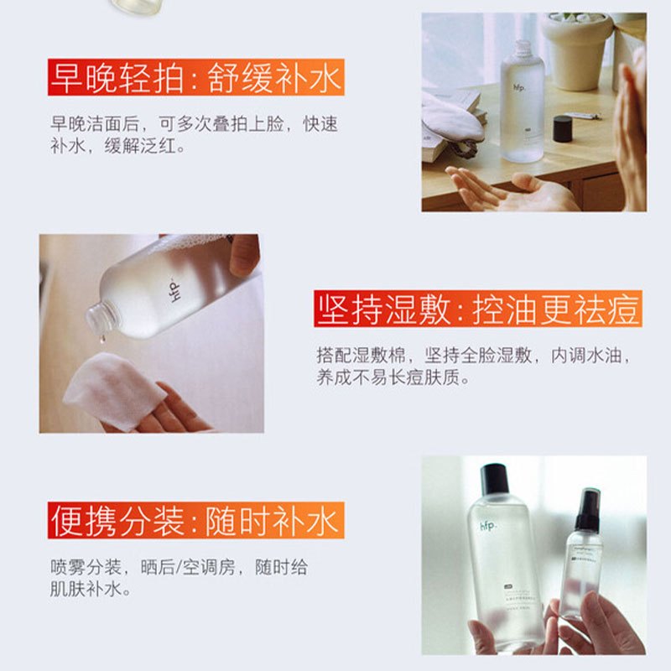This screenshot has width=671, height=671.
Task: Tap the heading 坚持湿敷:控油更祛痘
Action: coord(479,309)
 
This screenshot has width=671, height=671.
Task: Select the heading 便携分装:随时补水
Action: coord(195,521)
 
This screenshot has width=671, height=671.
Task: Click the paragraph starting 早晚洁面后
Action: coord(194,135)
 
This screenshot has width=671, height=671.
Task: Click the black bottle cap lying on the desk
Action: coord(562,129)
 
